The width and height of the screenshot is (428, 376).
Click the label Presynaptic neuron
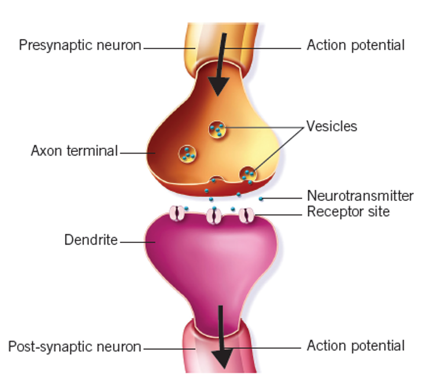80,45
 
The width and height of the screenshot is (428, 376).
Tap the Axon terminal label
74,151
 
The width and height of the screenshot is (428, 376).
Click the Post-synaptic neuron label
74,346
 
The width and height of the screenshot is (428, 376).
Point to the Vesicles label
332,126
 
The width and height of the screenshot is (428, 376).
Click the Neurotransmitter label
360,196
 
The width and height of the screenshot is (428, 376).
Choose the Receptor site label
348,212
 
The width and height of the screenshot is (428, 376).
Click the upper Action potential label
355,45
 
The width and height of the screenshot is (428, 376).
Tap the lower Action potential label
355,346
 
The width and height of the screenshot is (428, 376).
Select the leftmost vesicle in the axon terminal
188,153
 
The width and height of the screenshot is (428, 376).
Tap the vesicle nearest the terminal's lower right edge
249,174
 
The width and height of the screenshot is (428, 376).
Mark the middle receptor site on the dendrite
213,216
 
